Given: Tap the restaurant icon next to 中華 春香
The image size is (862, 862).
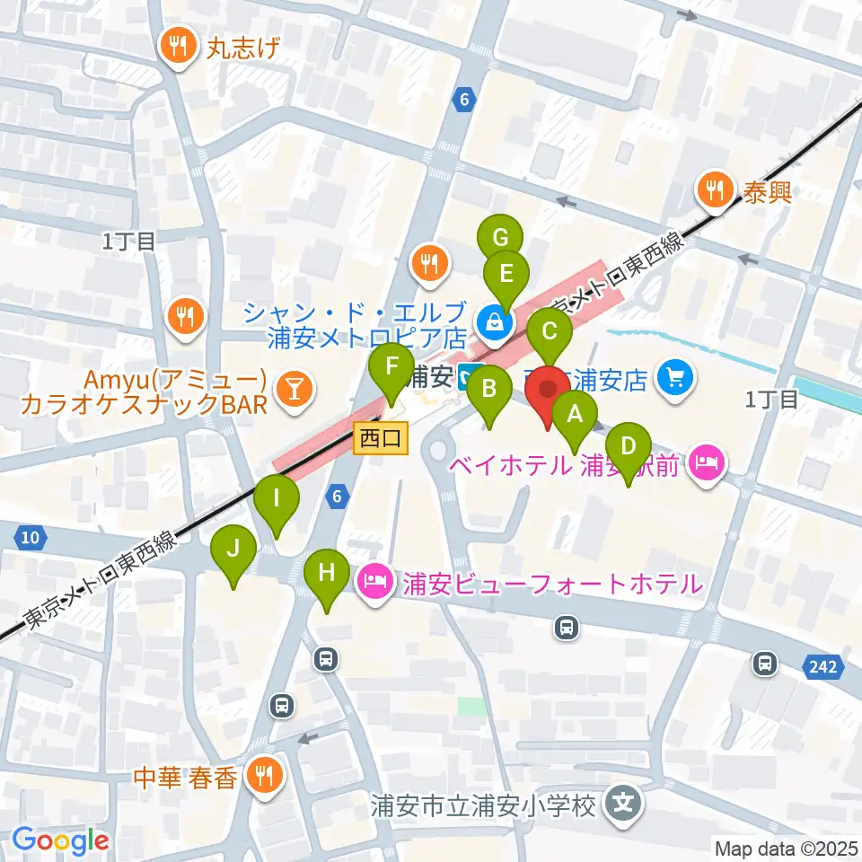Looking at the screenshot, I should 264,775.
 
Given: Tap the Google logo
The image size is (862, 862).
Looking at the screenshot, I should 60,841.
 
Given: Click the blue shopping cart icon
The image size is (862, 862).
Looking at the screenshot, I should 676,377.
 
